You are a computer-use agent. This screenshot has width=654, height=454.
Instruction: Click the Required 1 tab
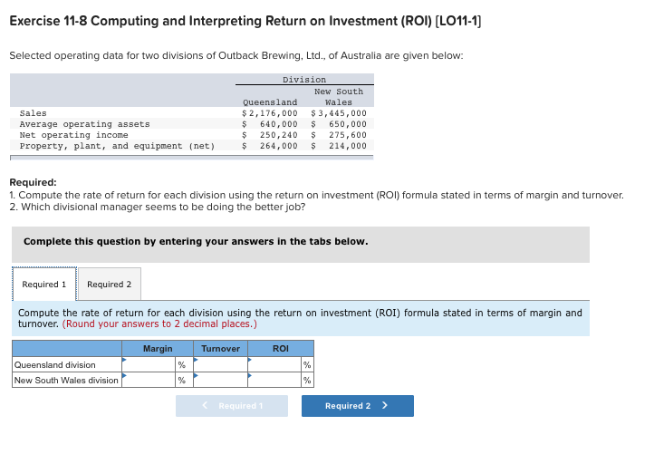click(x=43, y=285)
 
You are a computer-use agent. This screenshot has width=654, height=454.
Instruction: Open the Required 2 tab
click(x=109, y=285)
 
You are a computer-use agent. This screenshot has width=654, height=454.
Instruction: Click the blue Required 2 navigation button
click(x=357, y=406)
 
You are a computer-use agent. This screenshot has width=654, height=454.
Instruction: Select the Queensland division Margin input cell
click(x=149, y=365)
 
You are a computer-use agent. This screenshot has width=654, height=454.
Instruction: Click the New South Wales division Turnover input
click(x=221, y=380)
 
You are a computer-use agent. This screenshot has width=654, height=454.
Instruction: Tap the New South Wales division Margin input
click(x=149, y=380)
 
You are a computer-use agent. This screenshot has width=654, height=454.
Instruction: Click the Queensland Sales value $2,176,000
click(x=269, y=113)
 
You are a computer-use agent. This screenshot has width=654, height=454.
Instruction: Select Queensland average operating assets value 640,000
click(x=278, y=124)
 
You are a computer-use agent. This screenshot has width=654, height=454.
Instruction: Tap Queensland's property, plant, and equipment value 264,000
click(x=278, y=146)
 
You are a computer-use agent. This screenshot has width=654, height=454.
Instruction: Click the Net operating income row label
click(x=73, y=135)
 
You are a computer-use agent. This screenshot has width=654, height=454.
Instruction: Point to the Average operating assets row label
click(x=84, y=124)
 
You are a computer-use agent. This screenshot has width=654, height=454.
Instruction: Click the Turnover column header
click(x=220, y=349)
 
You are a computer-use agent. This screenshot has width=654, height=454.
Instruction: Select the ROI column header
click(x=281, y=349)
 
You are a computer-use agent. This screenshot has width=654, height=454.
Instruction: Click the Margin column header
click(x=158, y=349)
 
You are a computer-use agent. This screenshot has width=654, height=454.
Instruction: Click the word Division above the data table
click(x=303, y=80)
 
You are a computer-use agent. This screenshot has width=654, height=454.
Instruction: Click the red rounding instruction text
click(x=160, y=324)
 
